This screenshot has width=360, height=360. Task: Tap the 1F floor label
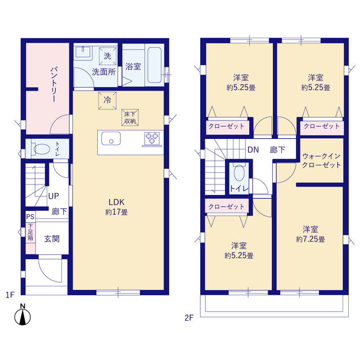pyautogui.click(x=10, y=295)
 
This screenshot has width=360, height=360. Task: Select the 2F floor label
pyautogui.click(x=189, y=318)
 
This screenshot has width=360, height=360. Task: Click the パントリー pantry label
pyautogui.click(x=53, y=84)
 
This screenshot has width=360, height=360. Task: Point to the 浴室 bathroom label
pyautogui.click(x=133, y=66)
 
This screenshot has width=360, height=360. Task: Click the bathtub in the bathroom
pyautogui.click(x=154, y=65)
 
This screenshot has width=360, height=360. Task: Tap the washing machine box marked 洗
pyautogui.click(x=107, y=56)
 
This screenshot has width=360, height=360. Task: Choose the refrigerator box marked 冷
pyautogui.click(x=107, y=100)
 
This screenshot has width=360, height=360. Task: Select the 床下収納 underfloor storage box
pyautogui.click(x=130, y=118)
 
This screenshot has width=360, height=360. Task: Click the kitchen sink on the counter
pyautogui.click(x=111, y=138)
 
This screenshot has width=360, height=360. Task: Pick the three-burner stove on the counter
pyautogui.click(x=152, y=139)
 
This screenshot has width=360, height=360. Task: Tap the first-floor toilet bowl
pyautogui.click(x=42, y=149)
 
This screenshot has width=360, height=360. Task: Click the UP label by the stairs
pyautogui.click(x=53, y=196)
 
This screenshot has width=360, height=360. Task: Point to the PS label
pyautogui.click(x=30, y=217)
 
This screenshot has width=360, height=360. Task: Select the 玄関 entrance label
pyautogui.click(x=52, y=238)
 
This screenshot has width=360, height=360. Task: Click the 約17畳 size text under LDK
pyautogui.click(x=116, y=212)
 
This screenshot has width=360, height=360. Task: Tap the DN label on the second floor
pyautogui.click(x=253, y=150)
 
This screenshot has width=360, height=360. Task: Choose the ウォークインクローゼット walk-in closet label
pyautogui.click(x=321, y=160)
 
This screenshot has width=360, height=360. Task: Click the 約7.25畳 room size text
pyautogui.click(x=310, y=239)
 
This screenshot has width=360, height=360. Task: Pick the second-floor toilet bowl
pyautogui.click(x=239, y=173)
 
